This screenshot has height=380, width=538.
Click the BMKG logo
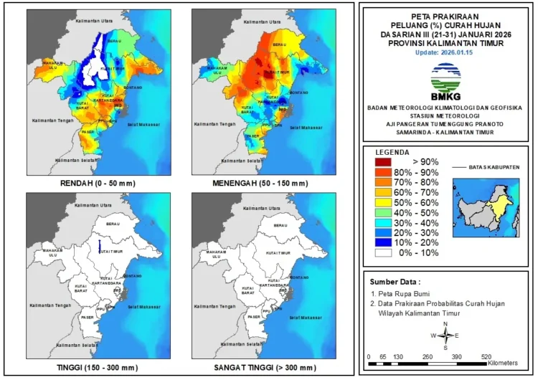click(x=445, y=80)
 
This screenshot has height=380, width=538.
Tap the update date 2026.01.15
click(x=445, y=52)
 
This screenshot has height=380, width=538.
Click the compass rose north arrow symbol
click(x=446, y=335)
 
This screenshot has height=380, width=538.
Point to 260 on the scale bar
click(x=428, y=356)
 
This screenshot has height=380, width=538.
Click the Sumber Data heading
click(x=395, y=282)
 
